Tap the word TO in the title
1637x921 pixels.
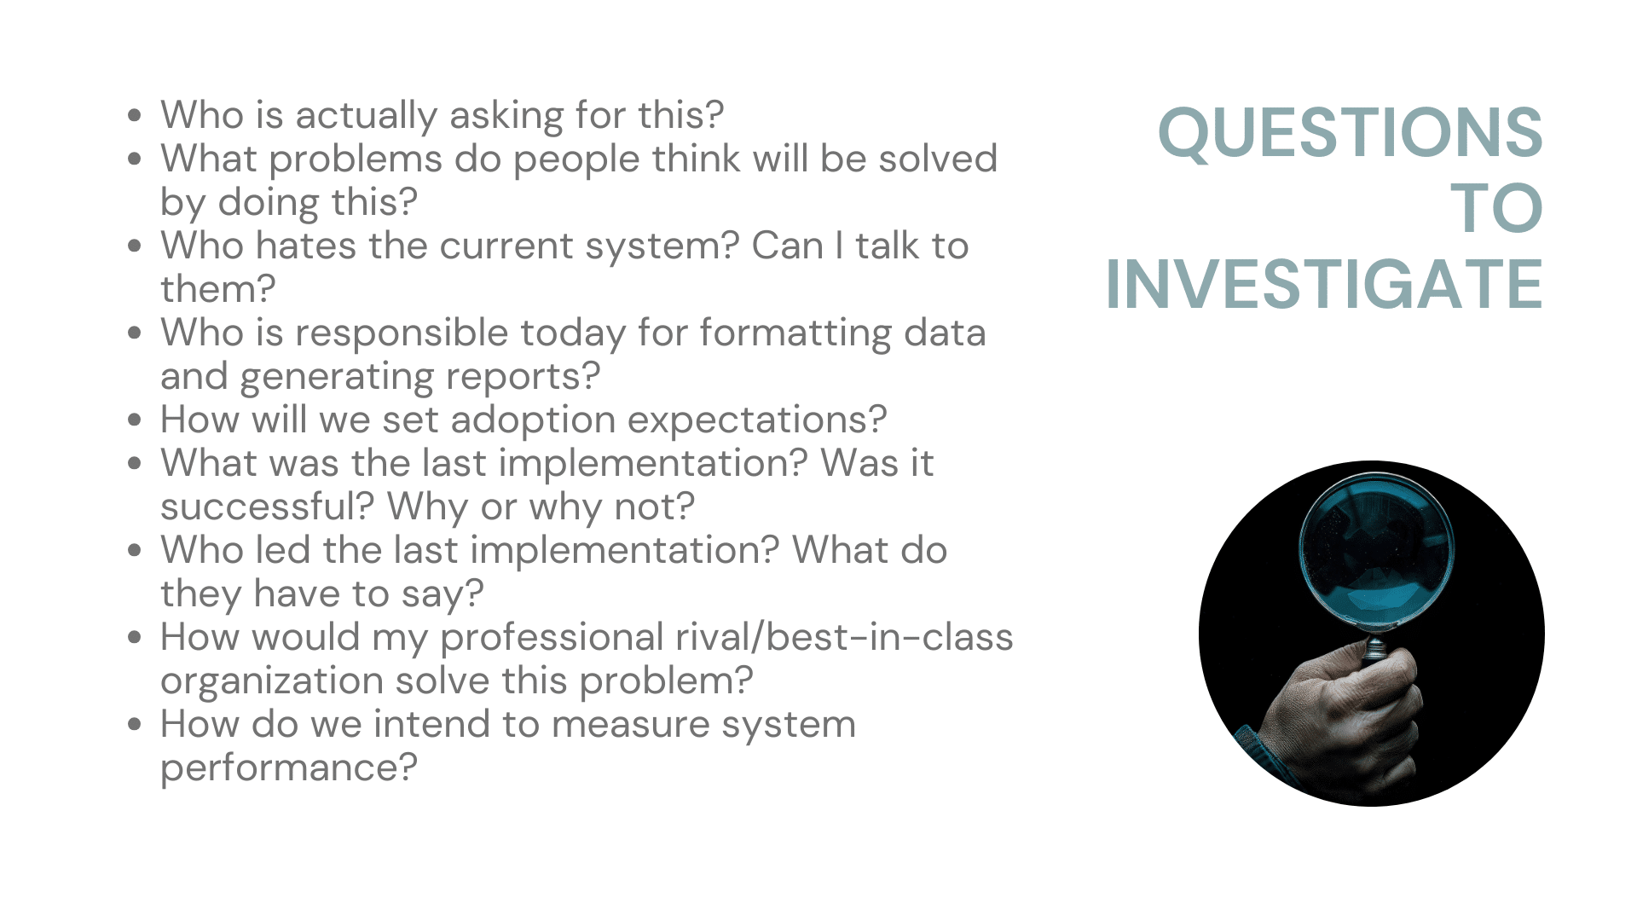tap(1497, 208)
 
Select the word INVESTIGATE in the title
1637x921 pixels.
tap(1324, 284)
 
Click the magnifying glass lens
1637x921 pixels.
tap(1376, 554)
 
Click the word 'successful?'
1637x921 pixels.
tap(268, 507)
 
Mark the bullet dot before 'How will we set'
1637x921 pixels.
tap(134, 420)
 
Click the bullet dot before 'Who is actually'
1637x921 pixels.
tap(134, 115)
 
